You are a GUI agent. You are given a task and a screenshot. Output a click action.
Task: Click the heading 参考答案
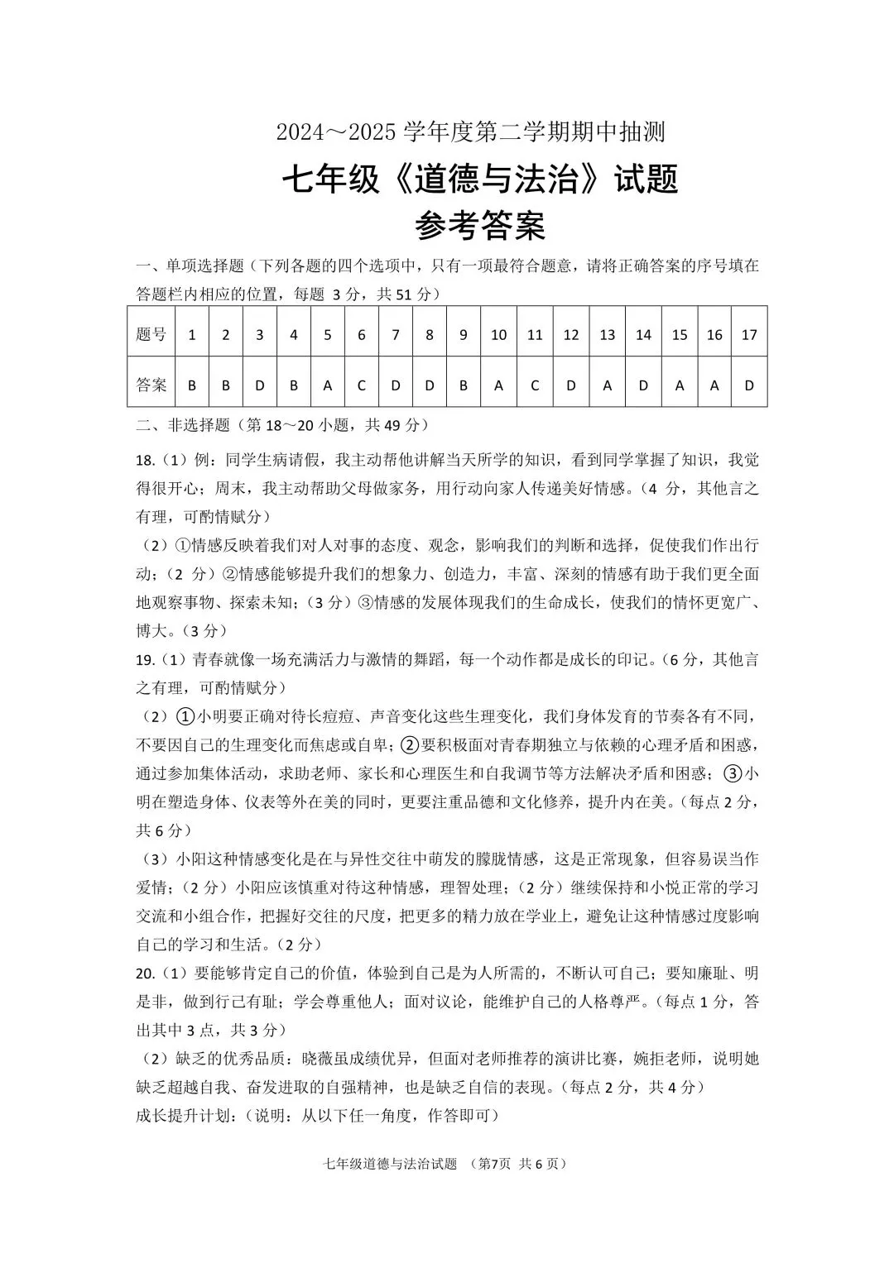click(480, 225)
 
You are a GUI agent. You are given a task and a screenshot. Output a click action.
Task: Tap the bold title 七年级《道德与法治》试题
click(480, 179)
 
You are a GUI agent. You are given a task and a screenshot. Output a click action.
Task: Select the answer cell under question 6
click(362, 385)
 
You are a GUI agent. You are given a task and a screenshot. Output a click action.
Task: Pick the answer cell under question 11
click(535, 385)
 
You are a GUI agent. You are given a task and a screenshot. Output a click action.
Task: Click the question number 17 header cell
click(749, 335)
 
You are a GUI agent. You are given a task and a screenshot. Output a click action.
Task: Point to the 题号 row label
click(151, 335)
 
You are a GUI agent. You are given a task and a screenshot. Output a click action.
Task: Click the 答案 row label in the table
click(151, 385)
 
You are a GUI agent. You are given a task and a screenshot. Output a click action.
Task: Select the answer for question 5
click(328, 385)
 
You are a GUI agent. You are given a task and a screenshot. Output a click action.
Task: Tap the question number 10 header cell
click(498, 335)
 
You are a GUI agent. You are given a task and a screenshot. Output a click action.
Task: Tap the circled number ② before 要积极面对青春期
click(411, 745)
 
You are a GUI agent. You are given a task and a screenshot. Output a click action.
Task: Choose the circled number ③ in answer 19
click(733, 773)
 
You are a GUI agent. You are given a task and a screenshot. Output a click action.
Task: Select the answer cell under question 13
click(608, 385)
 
